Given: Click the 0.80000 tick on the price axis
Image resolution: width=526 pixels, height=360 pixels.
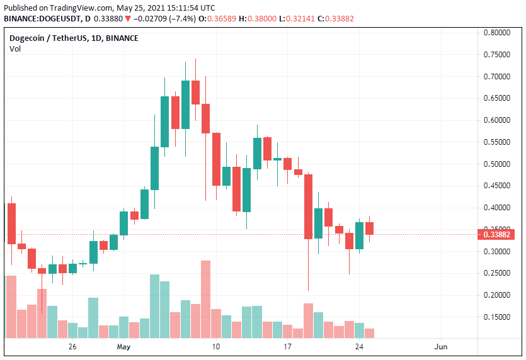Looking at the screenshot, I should [x=497, y=33].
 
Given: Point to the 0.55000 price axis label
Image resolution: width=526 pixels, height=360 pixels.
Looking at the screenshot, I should [x=497, y=142].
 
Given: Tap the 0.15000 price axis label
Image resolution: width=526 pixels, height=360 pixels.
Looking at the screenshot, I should [x=497, y=317].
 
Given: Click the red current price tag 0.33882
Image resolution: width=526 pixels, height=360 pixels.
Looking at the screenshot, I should [x=498, y=235].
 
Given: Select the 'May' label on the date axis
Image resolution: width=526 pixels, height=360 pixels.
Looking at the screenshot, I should [x=124, y=347].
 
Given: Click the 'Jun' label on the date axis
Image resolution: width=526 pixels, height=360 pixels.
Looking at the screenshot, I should [x=441, y=347].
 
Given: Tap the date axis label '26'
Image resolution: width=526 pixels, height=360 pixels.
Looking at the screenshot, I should [x=72, y=347].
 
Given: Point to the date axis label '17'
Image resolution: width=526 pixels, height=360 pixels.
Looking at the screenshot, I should [x=288, y=347].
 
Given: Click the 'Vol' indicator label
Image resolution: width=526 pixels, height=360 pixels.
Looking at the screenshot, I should [x=15, y=49].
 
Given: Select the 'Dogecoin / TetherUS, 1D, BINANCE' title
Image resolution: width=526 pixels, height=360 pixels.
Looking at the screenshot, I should [x=74, y=38].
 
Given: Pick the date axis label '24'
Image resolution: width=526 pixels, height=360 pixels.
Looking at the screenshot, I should [x=360, y=347].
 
